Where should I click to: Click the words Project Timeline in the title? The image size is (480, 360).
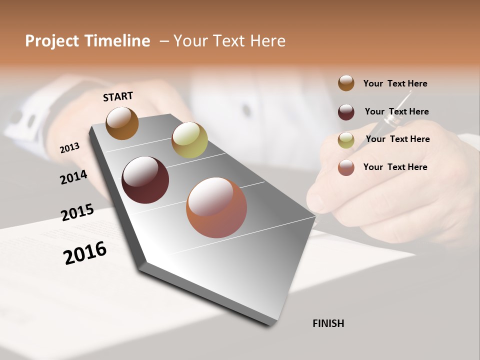87,41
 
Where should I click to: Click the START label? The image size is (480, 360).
118,96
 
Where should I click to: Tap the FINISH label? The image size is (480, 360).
328,323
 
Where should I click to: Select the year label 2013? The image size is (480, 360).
69,148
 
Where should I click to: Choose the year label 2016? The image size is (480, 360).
85,252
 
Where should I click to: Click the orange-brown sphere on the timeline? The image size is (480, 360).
122,123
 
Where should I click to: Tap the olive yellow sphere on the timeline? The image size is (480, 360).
189,139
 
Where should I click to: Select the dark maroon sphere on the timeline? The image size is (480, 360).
145,180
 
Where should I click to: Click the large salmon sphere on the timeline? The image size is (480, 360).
216,207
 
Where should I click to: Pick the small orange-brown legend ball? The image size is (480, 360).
346,83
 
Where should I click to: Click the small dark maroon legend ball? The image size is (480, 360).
346,112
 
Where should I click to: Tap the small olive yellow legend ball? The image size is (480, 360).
346,140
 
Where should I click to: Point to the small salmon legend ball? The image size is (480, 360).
346,167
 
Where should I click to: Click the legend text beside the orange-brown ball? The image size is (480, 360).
395,83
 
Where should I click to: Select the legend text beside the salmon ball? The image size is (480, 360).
395,167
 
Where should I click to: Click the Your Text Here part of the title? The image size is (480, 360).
229,41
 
